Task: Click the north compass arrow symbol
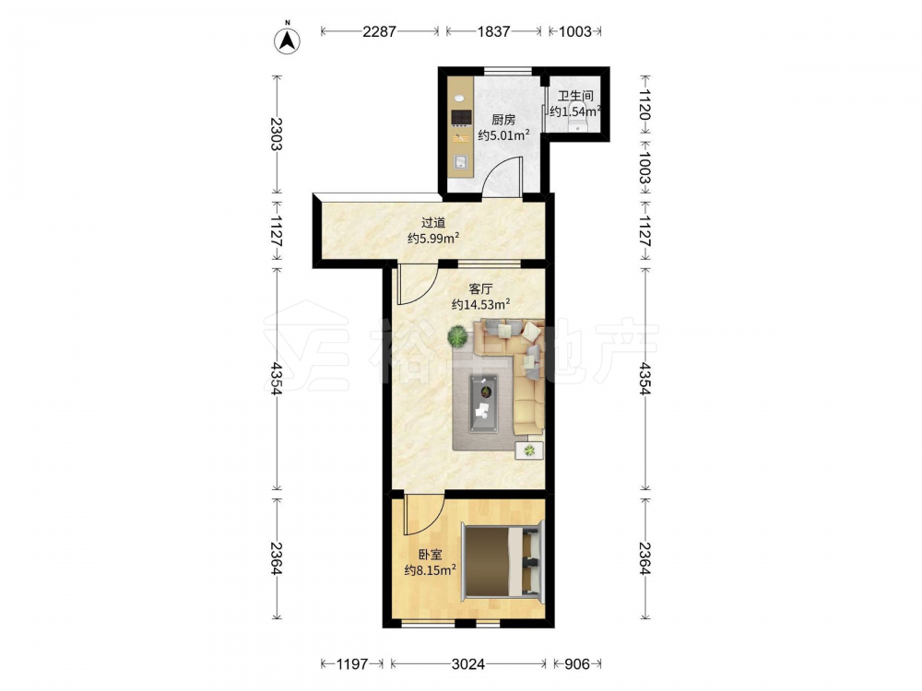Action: coord(288,40)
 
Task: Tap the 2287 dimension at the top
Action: coord(379,31)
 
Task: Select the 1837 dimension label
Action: coord(493,31)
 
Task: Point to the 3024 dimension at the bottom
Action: coord(468,664)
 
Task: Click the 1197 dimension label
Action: coord(351,664)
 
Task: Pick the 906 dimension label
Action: coord(577,664)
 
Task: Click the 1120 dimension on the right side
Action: coord(644,105)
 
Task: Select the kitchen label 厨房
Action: coord(503,120)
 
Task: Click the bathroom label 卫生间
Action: coord(575,95)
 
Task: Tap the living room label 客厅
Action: coord(480,288)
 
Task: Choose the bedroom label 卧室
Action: coord(431,554)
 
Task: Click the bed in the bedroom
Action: coord(502,561)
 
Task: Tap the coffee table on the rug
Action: coord(483,404)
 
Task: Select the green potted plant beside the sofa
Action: coord(457,337)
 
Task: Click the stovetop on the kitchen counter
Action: coord(461,118)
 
